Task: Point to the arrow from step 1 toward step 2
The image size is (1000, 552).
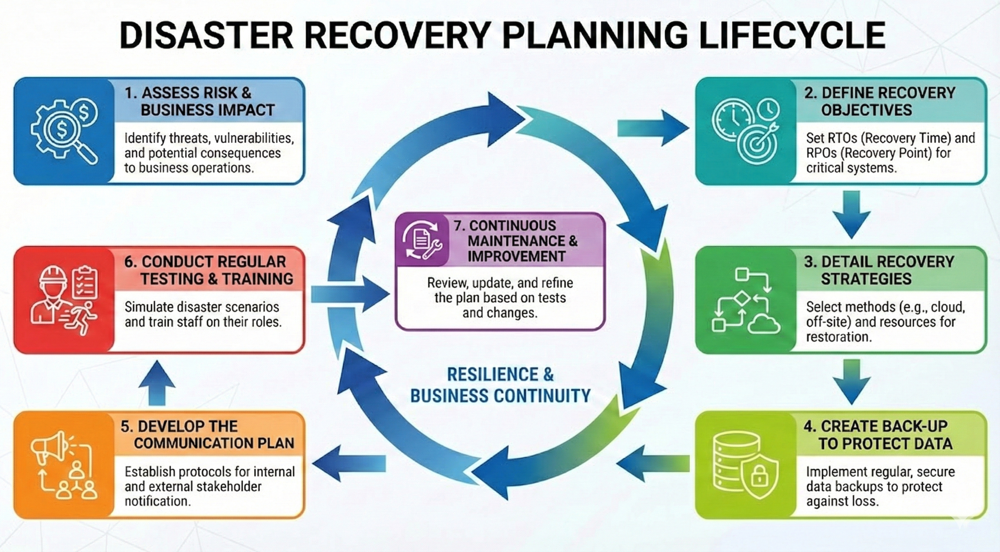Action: click(652, 128)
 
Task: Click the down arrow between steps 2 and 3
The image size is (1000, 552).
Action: click(852, 214)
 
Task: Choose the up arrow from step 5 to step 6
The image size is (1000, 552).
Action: click(157, 383)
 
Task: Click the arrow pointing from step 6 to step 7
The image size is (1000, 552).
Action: click(349, 294)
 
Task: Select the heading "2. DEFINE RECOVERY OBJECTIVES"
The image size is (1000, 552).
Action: click(879, 101)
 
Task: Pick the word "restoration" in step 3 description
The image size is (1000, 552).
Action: click(838, 337)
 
